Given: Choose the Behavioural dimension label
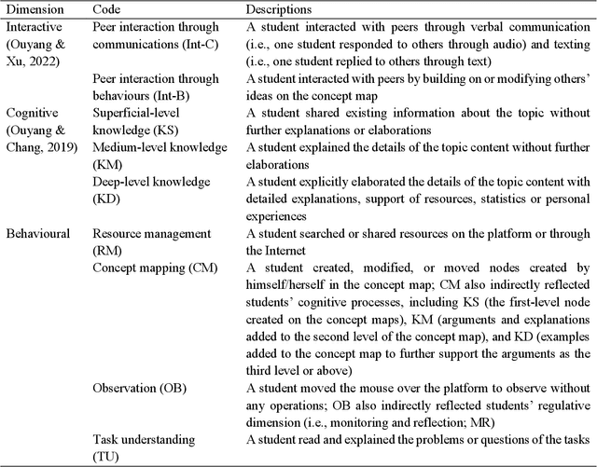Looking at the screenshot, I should (x=39, y=234).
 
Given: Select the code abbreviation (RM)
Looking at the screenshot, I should (x=107, y=251).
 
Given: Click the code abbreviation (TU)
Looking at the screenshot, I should (x=107, y=455).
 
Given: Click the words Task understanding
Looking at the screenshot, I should (x=143, y=438).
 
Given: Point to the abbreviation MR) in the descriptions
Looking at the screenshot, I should (x=576, y=405).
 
